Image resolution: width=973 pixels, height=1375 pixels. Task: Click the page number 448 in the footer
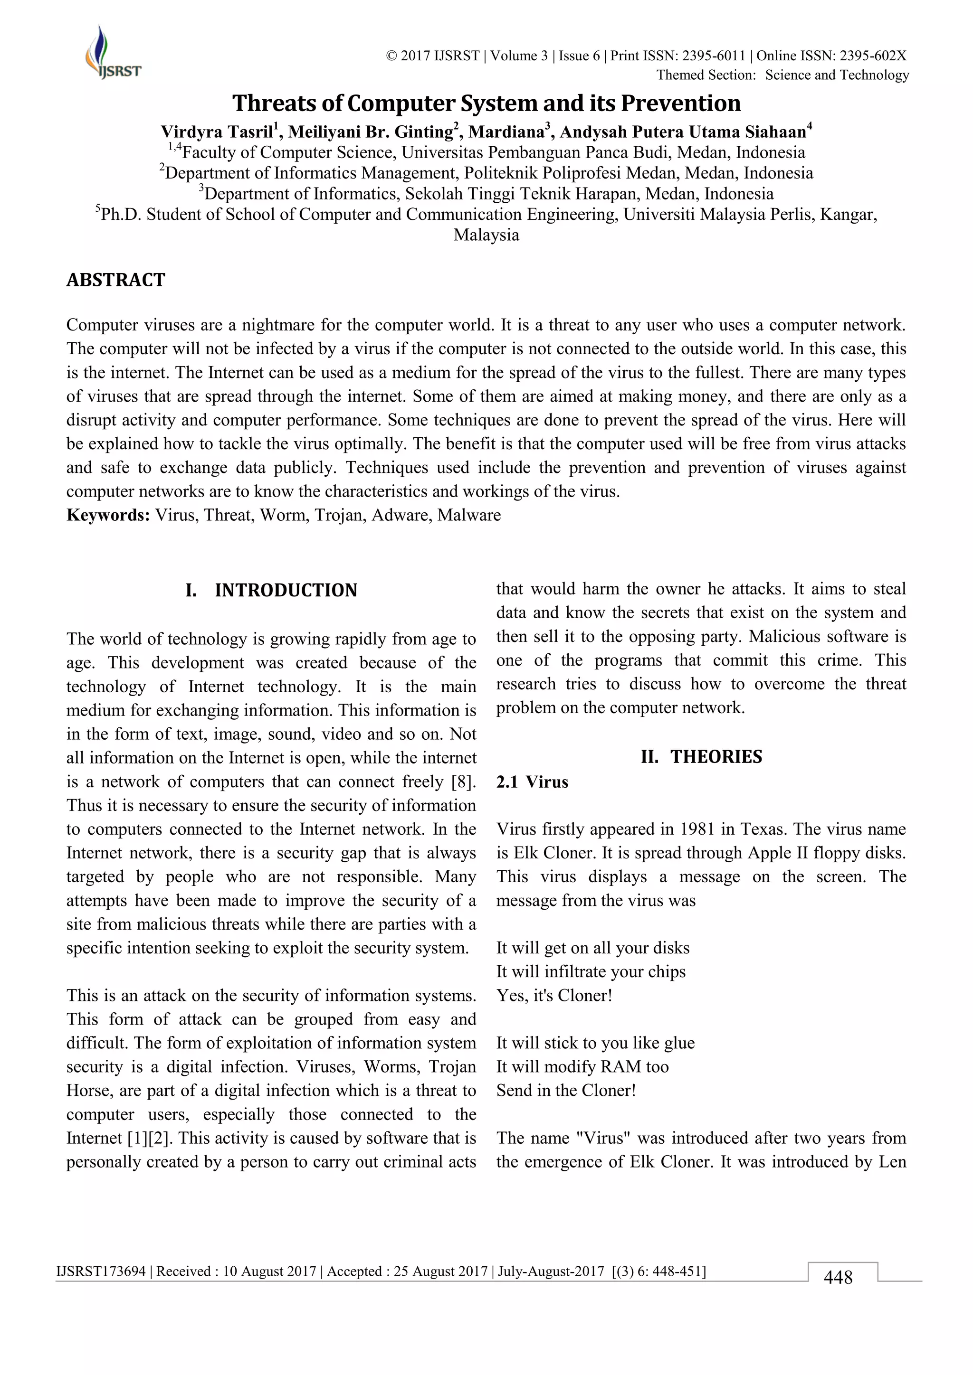click(838, 1277)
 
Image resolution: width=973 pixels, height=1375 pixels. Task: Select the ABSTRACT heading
click(115, 280)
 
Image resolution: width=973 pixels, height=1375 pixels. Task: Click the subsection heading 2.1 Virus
click(532, 782)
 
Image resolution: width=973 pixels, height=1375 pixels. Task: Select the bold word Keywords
click(108, 515)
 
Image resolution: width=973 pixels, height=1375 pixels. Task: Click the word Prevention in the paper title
click(681, 103)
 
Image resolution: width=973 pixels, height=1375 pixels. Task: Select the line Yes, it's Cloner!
click(554, 995)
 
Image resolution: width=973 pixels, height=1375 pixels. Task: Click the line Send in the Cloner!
click(565, 1090)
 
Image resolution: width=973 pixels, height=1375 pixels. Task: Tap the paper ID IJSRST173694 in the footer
click(101, 1271)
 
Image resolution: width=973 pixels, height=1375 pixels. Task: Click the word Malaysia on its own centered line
click(486, 235)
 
